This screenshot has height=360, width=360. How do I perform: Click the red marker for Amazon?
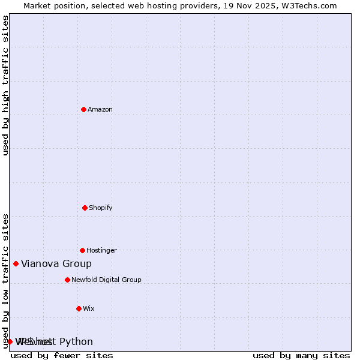pyautogui.click(x=83, y=109)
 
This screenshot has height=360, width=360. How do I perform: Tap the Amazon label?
pyautogui.click(x=100, y=109)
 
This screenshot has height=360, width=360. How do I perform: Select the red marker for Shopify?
pyautogui.click(x=85, y=208)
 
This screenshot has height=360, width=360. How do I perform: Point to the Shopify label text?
pyautogui.click(x=101, y=208)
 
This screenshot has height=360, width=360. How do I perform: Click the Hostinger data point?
pyautogui.click(x=82, y=250)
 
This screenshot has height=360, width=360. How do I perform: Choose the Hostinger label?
pyautogui.click(x=101, y=250)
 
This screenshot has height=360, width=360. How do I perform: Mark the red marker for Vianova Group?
pyautogui.click(x=16, y=263)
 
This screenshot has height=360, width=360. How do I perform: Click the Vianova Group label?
pyautogui.click(x=56, y=263)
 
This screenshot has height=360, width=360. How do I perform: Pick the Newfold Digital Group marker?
pyautogui.click(x=67, y=280)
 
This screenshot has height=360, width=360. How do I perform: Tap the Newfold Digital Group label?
pyautogui.click(x=106, y=280)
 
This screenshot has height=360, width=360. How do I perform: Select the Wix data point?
pyautogui.click(x=79, y=308)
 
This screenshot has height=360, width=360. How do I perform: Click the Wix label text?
pyautogui.click(x=89, y=308)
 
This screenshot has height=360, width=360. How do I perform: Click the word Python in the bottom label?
pyautogui.click(x=76, y=342)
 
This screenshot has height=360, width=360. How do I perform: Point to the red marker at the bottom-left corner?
pyautogui.click(x=10, y=341)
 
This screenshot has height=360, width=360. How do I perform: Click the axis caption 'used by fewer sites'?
pyautogui.click(x=62, y=355)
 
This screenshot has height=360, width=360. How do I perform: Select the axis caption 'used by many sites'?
pyautogui.click(x=301, y=355)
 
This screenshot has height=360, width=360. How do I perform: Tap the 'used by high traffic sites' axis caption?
pyautogui.click(x=5, y=85)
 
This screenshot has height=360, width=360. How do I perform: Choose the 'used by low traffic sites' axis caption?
pyautogui.click(x=5, y=281)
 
